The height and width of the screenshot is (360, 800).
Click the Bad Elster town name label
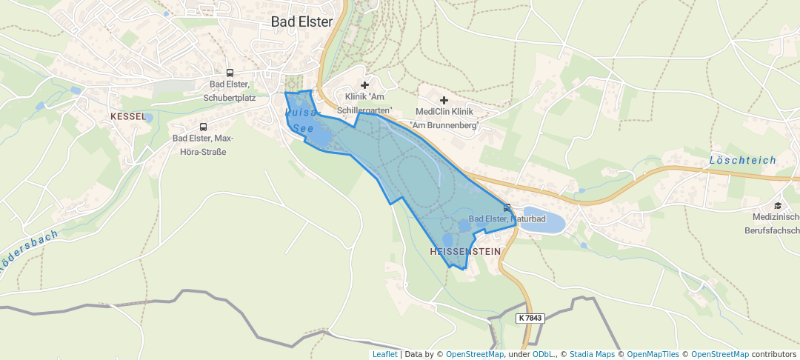[301, 21]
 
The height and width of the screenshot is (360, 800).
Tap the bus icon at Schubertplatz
[230, 73]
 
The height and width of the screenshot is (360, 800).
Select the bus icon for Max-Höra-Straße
[203, 127]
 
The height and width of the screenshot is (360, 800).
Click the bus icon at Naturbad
[507, 207]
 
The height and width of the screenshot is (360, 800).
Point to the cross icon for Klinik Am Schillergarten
[364, 85]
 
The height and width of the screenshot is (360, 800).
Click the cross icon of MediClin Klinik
[444, 100]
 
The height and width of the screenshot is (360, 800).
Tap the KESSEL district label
[128, 117]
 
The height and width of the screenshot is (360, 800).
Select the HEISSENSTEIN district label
[464, 252]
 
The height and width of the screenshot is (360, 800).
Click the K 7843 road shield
[530, 318]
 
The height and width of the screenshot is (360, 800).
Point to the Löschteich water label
[742, 160]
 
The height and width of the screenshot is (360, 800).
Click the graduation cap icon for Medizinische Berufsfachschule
[778, 205]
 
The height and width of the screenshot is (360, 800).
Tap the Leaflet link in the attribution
[384, 355]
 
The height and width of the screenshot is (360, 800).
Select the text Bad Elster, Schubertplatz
[230, 90]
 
